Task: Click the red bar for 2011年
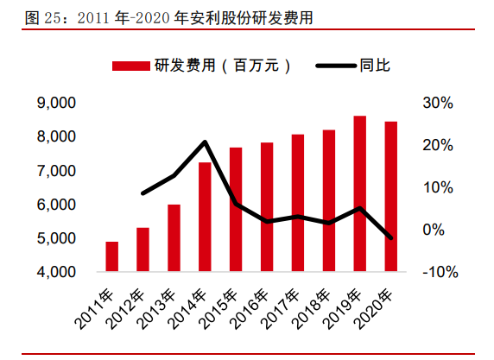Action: (x=112, y=256)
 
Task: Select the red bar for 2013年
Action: (x=174, y=238)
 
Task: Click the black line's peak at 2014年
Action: (x=205, y=142)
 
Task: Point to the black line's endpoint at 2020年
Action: (x=391, y=238)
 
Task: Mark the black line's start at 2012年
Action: (x=143, y=193)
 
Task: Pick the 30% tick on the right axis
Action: (x=438, y=104)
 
